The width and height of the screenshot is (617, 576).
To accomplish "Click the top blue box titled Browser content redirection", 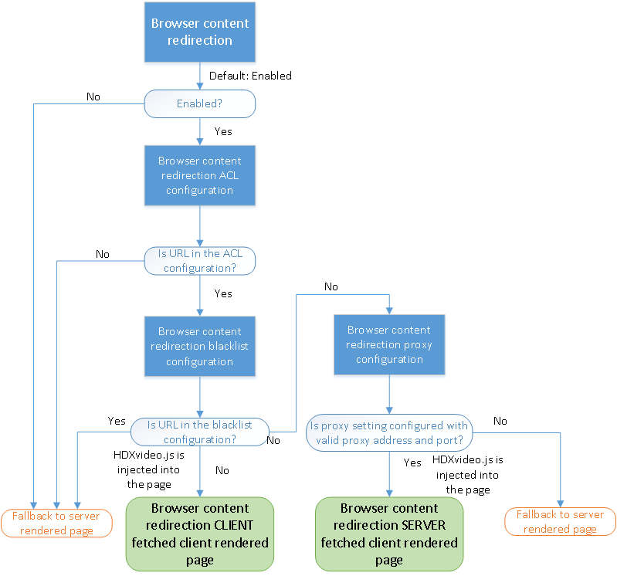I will [x=199, y=32].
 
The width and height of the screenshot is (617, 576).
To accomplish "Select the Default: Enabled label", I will [x=250, y=76].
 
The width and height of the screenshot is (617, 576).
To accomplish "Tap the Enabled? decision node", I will [x=199, y=103].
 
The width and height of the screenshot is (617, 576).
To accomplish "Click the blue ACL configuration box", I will [x=199, y=175].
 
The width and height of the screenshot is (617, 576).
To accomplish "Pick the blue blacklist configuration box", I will [x=199, y=345].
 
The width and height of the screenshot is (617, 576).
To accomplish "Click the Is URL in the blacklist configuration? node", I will [x=199, y=432].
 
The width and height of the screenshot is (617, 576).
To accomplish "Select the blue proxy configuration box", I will [x=389, y=344].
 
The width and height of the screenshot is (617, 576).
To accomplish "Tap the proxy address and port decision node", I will [x=388, y=432].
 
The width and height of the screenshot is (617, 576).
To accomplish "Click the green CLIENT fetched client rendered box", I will [x=200, y=534].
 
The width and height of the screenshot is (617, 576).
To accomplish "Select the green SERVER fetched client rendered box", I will [x=389, y=534].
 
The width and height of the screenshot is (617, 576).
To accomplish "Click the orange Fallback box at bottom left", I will [x=56, y=523].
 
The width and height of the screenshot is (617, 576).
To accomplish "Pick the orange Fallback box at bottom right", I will [x=560, y=521].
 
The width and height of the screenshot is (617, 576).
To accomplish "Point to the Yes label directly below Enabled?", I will [x=222, y=131].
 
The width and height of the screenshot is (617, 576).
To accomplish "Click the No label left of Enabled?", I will [x=93, y=97].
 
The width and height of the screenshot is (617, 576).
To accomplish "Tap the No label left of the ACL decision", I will [x=102, y=254].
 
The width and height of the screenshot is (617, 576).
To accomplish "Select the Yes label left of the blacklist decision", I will [x=117, y=421].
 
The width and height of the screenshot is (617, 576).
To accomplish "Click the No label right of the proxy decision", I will [x=500, y=421].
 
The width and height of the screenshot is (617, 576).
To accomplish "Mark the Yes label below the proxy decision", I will [x=412, y=462].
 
